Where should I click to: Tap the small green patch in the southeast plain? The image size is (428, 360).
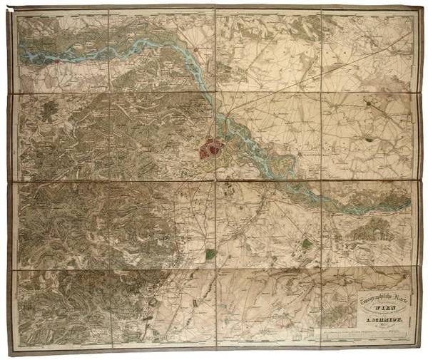pos(306,243)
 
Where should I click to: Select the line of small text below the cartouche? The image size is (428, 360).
pos(371,335)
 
